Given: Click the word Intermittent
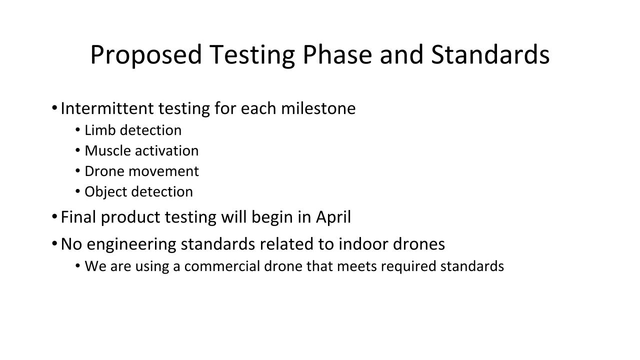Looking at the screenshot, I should click(x=107, y=108).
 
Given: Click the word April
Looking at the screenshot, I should click(x=333, y=217).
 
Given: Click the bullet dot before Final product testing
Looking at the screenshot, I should click(x=54, y=217).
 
